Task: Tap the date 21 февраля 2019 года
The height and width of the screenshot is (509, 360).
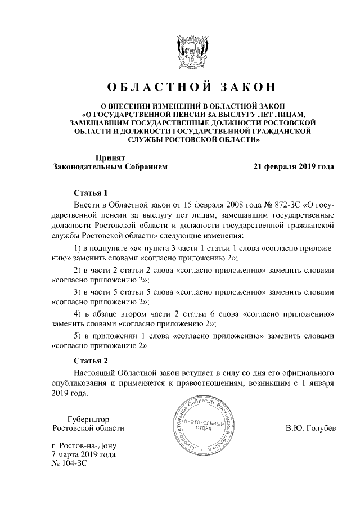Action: tap(294, 166)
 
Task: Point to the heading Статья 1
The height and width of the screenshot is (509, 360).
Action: tap(90, 192)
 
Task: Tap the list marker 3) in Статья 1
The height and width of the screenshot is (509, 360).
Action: tap(79, 292)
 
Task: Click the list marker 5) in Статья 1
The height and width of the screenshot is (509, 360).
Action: tap(79, 336)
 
